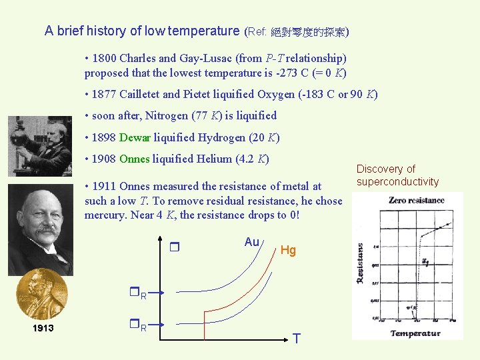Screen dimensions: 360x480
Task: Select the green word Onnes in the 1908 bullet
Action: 134,159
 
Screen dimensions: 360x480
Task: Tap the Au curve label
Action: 251,242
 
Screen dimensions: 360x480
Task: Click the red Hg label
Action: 288,250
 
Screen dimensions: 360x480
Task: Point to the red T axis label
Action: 296,339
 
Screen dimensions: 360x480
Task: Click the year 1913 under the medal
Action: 43,329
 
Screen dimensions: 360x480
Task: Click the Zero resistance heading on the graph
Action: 416,200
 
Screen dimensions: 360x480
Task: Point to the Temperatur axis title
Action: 415,333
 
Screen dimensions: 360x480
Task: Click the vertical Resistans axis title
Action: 361,263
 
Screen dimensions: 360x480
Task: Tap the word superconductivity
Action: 397,182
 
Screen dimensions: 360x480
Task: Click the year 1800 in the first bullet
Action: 104,59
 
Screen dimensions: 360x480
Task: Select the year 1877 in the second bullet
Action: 104,95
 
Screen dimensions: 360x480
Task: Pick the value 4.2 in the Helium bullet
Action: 244,159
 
